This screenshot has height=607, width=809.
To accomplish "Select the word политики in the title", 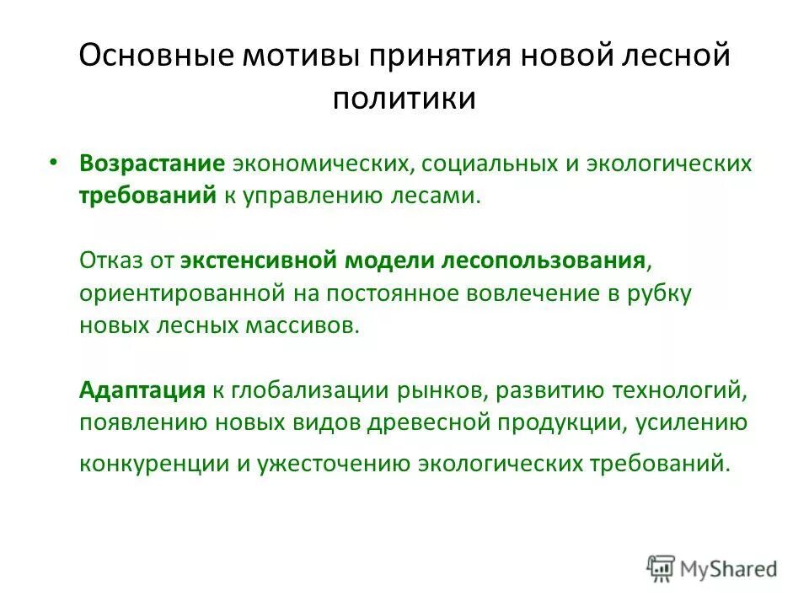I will (404, 99).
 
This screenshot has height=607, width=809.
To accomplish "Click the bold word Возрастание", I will (141, 164).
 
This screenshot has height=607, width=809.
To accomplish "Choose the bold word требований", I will (147, 196).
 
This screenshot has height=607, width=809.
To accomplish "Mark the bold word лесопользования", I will (544, 261).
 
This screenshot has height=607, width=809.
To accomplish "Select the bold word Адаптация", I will (142, 391).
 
